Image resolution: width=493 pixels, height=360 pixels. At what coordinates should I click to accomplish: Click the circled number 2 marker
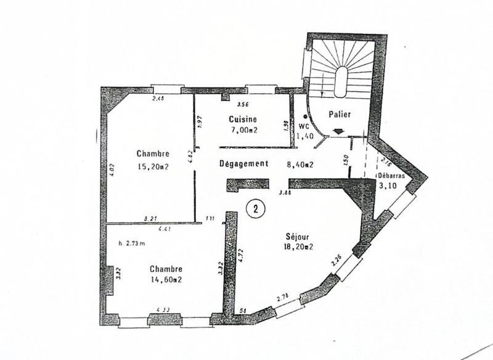tap(255, 208)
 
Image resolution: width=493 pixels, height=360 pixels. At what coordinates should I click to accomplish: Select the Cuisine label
tap(243, 120)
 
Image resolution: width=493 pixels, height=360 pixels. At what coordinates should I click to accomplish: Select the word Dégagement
tap(244, 164)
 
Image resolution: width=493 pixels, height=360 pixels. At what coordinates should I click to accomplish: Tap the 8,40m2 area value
tap(301, 165)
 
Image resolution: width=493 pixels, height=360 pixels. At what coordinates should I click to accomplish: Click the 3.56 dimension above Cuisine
tap(243, 105)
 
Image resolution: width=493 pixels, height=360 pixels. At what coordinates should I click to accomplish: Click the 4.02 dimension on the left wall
tap(112, 169)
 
